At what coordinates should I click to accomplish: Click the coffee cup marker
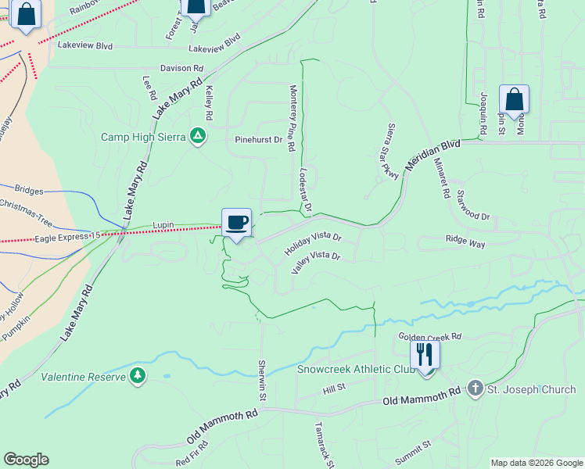(236, 223)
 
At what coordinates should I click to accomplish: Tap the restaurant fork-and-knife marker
(425, 355)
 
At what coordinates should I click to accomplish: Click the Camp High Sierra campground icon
(199, 137)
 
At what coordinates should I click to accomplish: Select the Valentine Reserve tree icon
(138, 377)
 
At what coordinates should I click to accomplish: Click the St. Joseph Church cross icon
(475, 388)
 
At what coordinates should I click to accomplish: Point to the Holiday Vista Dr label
(314, 241)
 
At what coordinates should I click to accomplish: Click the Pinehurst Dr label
(258, 140)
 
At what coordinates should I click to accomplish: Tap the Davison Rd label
(181, 69)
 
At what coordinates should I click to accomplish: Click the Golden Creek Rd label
(430, 336)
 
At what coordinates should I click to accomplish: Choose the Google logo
(26, 460)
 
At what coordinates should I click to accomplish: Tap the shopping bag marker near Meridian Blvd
(514, 100)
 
